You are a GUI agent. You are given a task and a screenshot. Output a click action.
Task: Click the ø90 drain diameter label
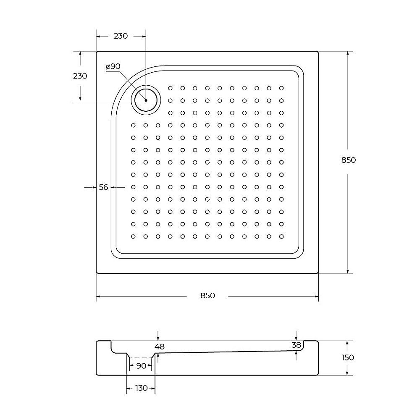(x=113, y=66)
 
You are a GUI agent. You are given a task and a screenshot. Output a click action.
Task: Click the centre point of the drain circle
(x=146, y=100)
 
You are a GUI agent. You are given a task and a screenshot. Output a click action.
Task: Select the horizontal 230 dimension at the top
(x=121, y=36)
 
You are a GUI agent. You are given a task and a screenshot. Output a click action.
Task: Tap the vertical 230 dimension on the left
(x=80, y=76)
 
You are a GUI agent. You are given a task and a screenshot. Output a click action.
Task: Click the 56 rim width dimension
(x=103, y=187)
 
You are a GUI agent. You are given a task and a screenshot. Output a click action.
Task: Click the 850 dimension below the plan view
(x=207, y=296)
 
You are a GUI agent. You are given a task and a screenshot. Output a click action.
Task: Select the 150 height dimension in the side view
(x=348, y=357)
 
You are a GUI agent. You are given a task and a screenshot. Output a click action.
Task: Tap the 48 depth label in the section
(x=160, y=346)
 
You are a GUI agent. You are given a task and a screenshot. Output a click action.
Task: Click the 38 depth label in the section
(x=297, y=345)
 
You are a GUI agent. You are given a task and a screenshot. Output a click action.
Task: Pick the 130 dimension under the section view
(x=142, y=388)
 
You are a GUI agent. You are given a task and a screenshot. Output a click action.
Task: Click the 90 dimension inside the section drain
(x=141, y=366)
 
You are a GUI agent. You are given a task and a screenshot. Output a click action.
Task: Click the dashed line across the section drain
(x=141, y=357)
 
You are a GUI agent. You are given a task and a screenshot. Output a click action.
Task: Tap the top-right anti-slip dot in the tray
(x=281, y=88)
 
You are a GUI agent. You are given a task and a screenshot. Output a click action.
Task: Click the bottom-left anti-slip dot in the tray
(x=133, y=236)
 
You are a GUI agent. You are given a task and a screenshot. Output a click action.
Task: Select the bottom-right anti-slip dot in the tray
(x=281, y=236)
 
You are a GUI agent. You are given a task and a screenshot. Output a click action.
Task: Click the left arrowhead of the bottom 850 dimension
(x=98, y=296)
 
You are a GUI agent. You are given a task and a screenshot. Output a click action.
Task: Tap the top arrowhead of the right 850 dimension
(x=348, y=53)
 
